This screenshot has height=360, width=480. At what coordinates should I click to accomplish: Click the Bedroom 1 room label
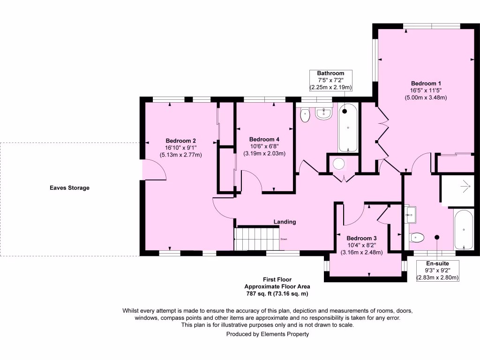[426, 83]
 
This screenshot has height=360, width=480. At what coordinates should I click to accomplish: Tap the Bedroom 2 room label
[180, 141]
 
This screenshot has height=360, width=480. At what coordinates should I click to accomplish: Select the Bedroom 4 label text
[264, 139]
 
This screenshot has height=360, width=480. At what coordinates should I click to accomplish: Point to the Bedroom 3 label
[361, 238]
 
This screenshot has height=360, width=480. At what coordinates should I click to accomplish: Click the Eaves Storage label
[69, 188]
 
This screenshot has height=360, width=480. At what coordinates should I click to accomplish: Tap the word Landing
[285, 222]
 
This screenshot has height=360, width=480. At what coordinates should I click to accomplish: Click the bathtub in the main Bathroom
[348, 127]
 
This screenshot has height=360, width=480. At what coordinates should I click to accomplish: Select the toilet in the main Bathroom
[305, 115]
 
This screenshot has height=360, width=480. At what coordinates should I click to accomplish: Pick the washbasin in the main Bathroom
[323, 113]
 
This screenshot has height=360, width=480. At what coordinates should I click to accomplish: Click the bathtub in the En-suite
[464, 230]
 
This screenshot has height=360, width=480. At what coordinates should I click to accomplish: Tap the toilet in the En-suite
[416, 237]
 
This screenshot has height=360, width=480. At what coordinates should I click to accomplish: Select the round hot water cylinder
[338, 164]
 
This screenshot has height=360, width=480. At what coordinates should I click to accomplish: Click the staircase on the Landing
[257, 239]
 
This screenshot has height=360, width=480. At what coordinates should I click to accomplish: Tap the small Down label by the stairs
[284, 239]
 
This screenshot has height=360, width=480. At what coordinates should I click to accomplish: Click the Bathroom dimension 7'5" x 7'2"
[330, 80]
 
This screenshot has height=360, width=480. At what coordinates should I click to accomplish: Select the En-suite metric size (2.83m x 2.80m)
[437, 277]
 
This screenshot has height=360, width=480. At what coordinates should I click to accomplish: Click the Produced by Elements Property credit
[268, 334]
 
